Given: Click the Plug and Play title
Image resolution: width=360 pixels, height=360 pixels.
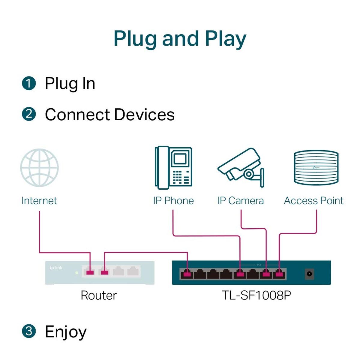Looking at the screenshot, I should tap(180, 39).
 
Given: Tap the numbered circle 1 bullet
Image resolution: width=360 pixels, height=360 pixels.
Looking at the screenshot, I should tap(29, 83).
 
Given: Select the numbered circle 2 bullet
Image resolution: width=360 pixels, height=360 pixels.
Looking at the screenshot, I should tap(29, 114).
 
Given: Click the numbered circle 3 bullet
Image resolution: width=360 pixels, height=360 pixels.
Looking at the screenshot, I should tap(29, 331).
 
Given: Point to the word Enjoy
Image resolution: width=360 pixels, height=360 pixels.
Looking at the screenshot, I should tap(66, 332).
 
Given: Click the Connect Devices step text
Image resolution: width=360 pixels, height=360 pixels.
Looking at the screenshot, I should tap(109, 115).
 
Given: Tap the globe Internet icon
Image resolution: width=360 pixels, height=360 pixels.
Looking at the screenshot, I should tap(39, 168).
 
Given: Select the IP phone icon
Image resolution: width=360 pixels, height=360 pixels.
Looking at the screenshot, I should tap(173, 168).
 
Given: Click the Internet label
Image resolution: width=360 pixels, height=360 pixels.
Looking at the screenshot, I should tap(39, 201).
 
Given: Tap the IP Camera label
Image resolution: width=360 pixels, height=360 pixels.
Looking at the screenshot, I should tap(241, 201).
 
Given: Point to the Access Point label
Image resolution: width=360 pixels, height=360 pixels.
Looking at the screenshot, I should tap(313, 201).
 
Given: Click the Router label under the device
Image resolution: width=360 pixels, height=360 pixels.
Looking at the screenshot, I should tap(99, 295).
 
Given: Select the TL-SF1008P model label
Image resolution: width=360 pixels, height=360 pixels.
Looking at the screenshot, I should tap(256, 295).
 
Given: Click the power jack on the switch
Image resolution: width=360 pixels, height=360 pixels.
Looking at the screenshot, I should tap(309, 274).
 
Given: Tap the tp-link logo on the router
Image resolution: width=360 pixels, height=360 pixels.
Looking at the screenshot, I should tap(56, 268).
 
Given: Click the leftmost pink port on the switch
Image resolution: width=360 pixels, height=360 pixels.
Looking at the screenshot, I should tap(187, 274).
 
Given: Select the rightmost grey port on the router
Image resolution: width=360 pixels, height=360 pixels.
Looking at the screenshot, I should tap(133, 271).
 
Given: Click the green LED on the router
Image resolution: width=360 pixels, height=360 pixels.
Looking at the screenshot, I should tap(77, 273).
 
